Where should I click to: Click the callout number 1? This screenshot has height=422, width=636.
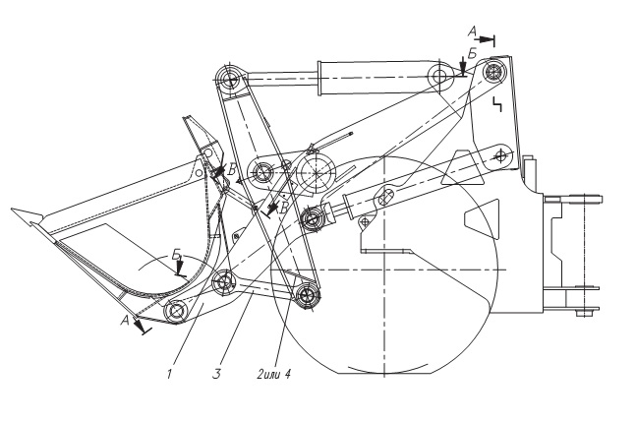tap(169, 374)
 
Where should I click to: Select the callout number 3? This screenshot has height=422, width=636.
tap(217, 374)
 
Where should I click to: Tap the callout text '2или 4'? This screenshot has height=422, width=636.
tap(274, 374)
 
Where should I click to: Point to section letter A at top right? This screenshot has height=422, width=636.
tap(472, 31)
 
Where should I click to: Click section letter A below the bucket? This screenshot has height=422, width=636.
tap(125, 321)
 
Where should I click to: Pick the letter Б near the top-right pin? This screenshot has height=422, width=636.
tap(472, 53)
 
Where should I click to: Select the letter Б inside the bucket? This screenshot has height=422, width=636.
tap(176, 255)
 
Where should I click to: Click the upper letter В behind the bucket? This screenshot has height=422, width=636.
tap(232, 169)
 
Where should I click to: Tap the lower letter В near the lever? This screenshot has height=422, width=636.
tap(283, 207)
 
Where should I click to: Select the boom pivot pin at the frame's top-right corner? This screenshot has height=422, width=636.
tap(495, 72)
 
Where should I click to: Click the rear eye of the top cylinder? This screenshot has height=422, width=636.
tap(439, 76)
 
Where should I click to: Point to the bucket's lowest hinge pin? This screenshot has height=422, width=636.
tap(177, 311)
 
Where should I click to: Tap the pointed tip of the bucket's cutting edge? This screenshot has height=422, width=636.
tap(12, 210)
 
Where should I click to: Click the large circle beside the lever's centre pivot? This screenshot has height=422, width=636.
tap(317, 172)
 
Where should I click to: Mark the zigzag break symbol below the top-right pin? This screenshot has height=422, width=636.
tap(496, 104)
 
